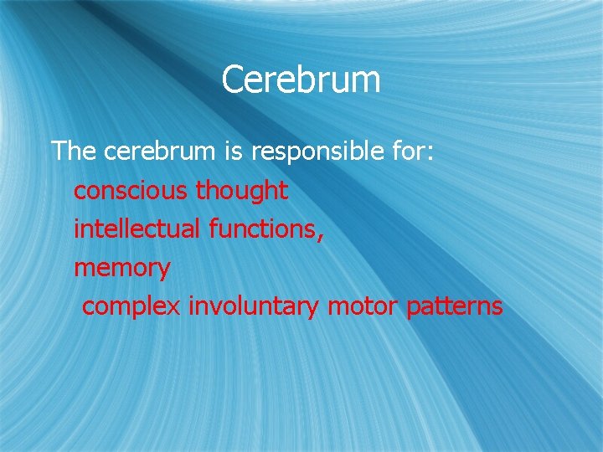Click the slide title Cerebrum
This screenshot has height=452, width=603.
click(x=301, y=80)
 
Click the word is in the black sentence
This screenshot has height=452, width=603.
click(x=232, y=151)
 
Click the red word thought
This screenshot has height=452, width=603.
click(x=242, y=191)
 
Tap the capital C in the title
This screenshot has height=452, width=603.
click(x=234, y=80)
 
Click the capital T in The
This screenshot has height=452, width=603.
click(x=58, y=151)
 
